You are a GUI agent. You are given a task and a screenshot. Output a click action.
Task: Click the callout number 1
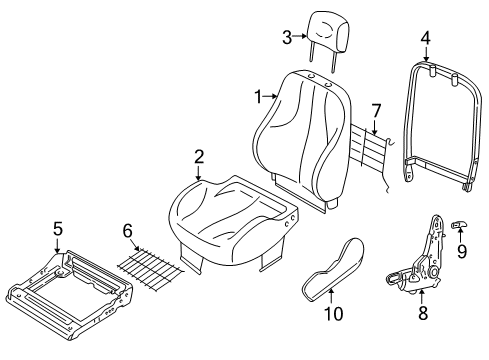[x=257, y=97]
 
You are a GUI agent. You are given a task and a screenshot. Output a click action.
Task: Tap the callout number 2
[x=198, y=156]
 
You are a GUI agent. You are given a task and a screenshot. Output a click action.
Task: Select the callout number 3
[x=286, y=38]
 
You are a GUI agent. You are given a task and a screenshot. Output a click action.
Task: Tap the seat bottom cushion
[x=230, y=216]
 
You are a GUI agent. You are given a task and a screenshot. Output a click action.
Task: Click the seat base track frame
[x=66, y=285]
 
